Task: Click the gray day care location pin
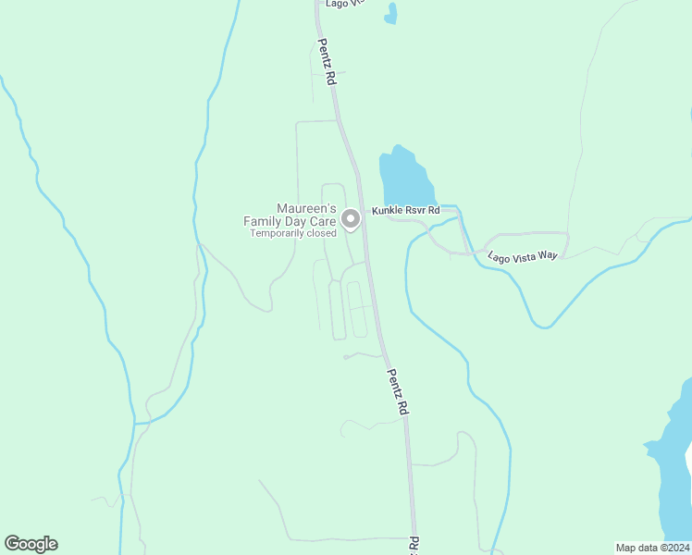pyautogui.click(x=351, y=219)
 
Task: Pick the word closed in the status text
pyautogui.click(x=321, y=234)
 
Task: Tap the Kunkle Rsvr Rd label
pyautogui.click(x=405, y=211)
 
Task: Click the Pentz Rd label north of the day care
pyautogui.click(x=326, y=62)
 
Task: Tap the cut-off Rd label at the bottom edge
pyautogui.click(x=414, y=546)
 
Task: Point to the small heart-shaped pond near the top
pyautogui.click(x=391, y=13)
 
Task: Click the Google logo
pyautogui.click(x=31, y=544)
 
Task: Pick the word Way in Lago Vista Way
pyautogui.click(x=548, y=254)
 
